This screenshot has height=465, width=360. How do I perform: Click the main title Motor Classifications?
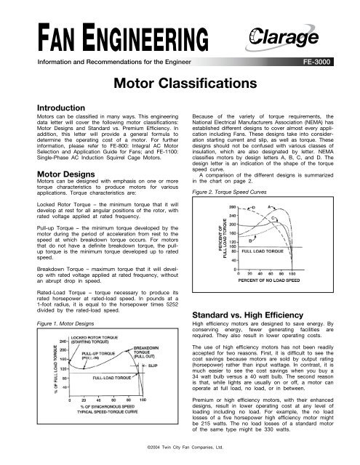tap(180, 84)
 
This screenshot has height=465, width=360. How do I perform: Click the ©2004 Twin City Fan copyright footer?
tap(180, 458)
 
